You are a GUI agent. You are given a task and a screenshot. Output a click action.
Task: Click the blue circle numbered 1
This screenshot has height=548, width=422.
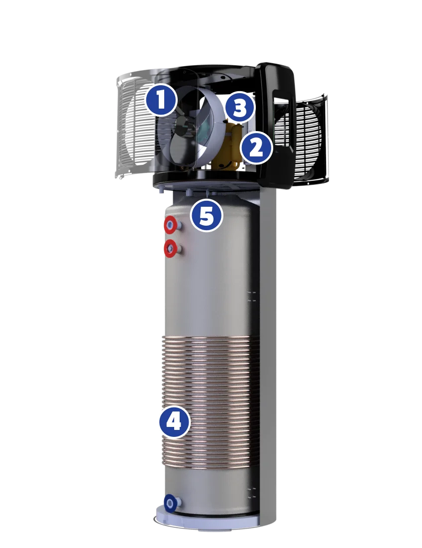[x=161, y=100]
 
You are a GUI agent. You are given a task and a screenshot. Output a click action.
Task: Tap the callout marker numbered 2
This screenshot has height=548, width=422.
[x=256, y=148]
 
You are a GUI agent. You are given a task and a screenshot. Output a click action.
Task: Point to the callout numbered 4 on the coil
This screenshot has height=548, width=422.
[x=175, y=422]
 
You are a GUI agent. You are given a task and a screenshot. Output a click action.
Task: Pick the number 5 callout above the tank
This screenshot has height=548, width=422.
[x=207, y=216]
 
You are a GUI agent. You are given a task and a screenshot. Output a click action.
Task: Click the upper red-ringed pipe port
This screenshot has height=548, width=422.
[x=171, y=225]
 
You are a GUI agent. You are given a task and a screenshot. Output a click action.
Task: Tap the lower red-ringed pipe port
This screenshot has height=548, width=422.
[x=171, y=249]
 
